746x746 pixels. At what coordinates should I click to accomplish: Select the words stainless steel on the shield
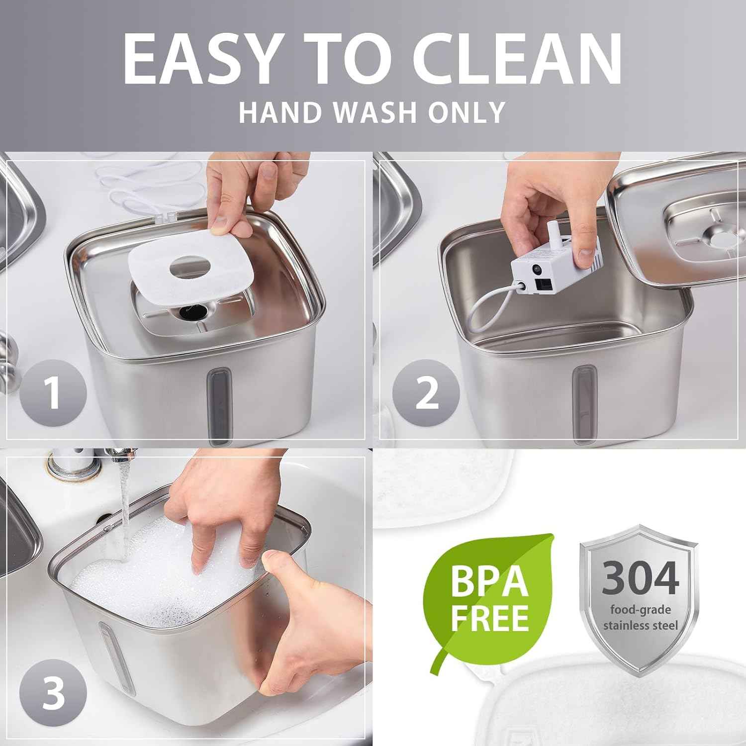(641, 625)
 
